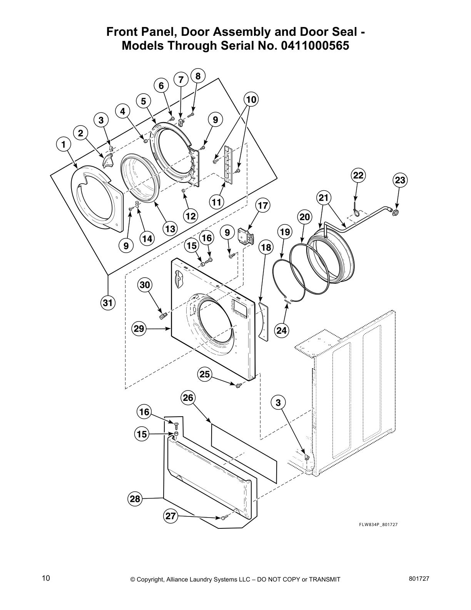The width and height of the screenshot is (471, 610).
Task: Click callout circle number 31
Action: coord(108,303)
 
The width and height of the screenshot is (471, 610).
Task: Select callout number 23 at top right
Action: coord(400,180)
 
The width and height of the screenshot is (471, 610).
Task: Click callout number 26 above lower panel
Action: coord(188,398)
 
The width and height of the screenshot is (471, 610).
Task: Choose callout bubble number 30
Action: coord(145,285)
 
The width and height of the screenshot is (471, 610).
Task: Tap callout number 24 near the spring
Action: coord(282,330)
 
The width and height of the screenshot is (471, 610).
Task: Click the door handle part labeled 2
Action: coord(108,159)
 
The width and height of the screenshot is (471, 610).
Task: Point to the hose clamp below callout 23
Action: coord(393,211)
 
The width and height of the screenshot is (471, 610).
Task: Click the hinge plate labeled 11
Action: coord(230,165)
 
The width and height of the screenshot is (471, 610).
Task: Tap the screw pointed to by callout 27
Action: coord(224,518)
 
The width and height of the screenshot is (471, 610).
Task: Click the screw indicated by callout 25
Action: coord(238,384)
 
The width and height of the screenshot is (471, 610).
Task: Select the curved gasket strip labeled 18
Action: coord(264,321)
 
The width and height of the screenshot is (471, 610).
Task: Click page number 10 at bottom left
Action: coord(46,578)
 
